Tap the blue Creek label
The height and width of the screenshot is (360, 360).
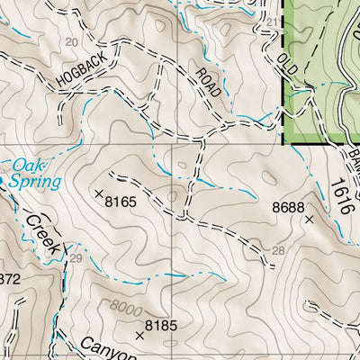(x=43, y=233)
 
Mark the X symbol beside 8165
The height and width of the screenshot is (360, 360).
(x=99, y=193)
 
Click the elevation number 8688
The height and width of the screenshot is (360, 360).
(x=288, y=208)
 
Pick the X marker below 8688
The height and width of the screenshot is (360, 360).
(x=309, y=219)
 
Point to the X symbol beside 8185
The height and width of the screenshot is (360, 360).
(x=139, y=335)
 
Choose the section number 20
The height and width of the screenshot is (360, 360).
(x=73, y=43)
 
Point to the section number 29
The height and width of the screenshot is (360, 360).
(x=74, y=258)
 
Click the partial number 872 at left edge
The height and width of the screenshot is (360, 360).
(x=8, y=279)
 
